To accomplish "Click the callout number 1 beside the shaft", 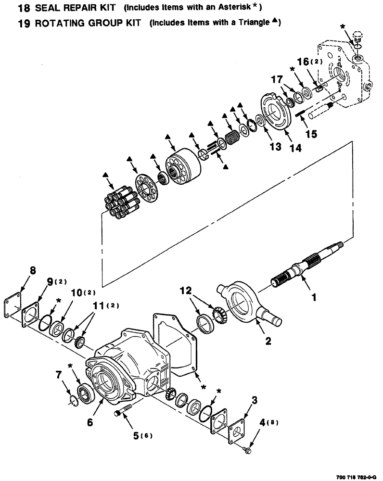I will pyautogui.click(x=314, y=298).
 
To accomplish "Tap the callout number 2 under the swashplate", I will pyautogui.click(x=268, y=341).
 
